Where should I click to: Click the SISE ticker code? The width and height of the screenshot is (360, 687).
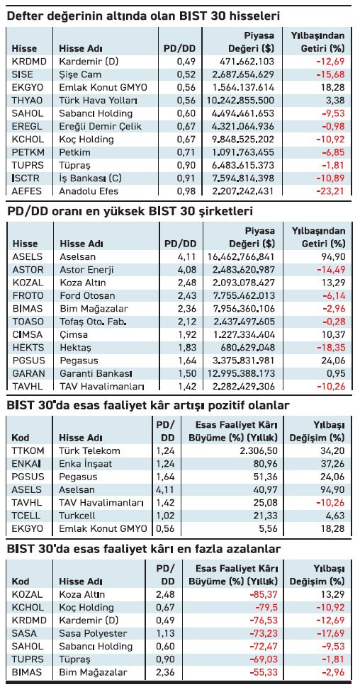click(x=23, y=74)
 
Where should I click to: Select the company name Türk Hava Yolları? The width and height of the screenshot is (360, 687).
click(x=100, y=101)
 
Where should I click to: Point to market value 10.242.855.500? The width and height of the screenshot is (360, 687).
click(x=240, y=101)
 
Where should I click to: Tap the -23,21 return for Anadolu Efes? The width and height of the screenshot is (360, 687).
click(x=332, y=191)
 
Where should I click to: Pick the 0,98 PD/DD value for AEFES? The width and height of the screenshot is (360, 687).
click(x=186, y=191)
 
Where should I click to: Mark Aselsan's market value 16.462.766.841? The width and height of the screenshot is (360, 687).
click(x=240, y=256)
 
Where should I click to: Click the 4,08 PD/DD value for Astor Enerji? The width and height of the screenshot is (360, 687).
click(x=186, y=269)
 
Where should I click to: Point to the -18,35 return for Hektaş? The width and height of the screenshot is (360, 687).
click(x=332, y=348)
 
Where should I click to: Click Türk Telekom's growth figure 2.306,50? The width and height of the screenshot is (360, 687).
click(x=261, y=451)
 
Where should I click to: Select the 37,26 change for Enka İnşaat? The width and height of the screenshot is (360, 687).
click(x=333, y=464)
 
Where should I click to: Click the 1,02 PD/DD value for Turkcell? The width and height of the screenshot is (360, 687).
click(x=164, y=516)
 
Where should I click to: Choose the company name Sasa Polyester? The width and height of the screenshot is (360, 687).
click(x=93, y=634)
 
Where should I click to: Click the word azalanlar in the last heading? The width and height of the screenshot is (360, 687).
click(x=256, y=550)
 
